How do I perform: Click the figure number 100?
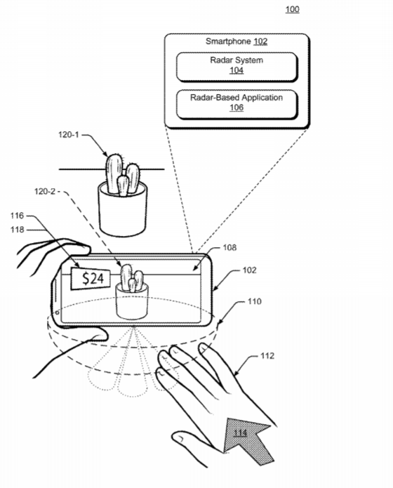292,9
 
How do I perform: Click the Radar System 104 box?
237,67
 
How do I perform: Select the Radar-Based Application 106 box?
237,105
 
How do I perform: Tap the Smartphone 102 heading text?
237,41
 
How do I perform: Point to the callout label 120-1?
69,135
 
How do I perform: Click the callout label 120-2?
45,192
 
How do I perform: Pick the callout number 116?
17,216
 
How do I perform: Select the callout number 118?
17,230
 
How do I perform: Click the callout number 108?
229,247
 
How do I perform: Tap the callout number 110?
255,301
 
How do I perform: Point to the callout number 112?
267,356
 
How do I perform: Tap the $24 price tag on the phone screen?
91,278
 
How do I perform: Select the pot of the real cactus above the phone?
122,209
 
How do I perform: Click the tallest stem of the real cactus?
114,173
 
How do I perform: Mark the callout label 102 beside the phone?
250,270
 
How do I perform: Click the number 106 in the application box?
237,107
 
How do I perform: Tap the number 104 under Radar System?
237,70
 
